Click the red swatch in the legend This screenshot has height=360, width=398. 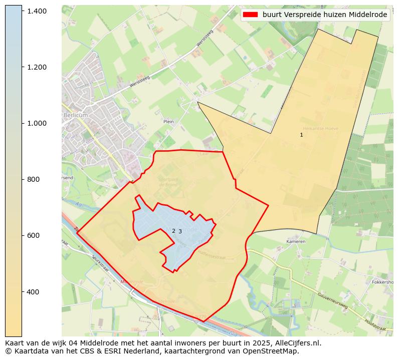(x=250, y=15)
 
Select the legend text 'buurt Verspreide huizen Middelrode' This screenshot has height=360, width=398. (x=324, y=15)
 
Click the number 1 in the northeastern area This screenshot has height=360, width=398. (x=301, y=135)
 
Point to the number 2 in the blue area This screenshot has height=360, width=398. (x=173, y=231)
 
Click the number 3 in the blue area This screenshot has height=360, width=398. (x=180, y=231)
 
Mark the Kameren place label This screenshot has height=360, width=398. (x=296, y=241)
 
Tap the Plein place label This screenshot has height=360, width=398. (x=168, y=121)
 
